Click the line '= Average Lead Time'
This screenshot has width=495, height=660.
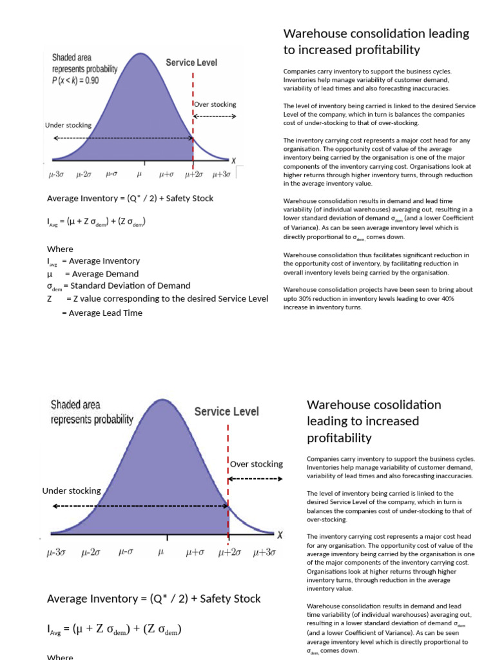[x=102, y=313]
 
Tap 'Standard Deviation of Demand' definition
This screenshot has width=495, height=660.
[x=130, y=286]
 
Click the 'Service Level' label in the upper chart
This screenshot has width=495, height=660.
[x=191, y=63]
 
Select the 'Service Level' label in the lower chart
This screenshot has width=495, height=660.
[x=226, y=411]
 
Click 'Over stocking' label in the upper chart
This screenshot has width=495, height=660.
[x=215, y=104]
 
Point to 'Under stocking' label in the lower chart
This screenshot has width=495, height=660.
[x=72, y=490]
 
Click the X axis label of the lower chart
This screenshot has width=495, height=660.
[x=280, y=534]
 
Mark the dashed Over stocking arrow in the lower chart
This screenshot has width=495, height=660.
[x=255, y=479]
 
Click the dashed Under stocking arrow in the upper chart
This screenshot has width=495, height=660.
[x=122, y=138]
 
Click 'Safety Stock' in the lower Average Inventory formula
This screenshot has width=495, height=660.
[x=230, y=599]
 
